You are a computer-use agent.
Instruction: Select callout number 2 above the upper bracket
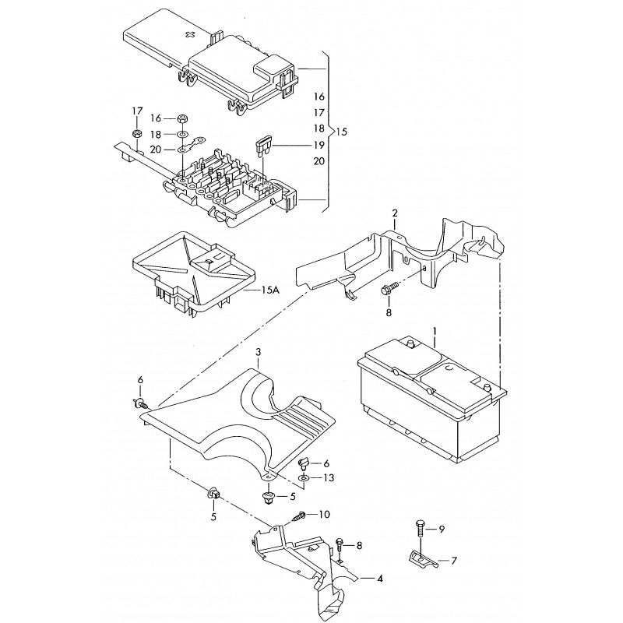tap(395, 213)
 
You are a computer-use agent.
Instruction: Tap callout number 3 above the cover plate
tap(259, 353)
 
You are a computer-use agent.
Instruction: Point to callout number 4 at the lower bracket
tap(380, 579)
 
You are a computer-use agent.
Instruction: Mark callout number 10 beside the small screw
tap(325, 515)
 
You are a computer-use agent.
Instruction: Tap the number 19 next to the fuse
tap(318, 145)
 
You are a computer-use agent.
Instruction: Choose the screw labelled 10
tap(301, 516)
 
